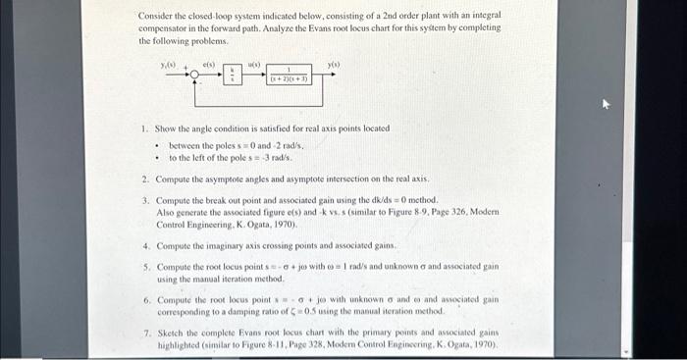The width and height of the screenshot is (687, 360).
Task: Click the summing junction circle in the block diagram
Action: [x=195, y=75]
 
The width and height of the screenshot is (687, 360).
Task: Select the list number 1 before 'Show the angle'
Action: [x=143, y=129]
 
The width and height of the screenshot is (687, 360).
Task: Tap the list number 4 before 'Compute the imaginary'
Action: [x=145, y=245]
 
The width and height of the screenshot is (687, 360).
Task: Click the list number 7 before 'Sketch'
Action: [x=145, y=334]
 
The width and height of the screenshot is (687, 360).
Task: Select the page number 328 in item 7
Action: [x=322, y=344]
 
